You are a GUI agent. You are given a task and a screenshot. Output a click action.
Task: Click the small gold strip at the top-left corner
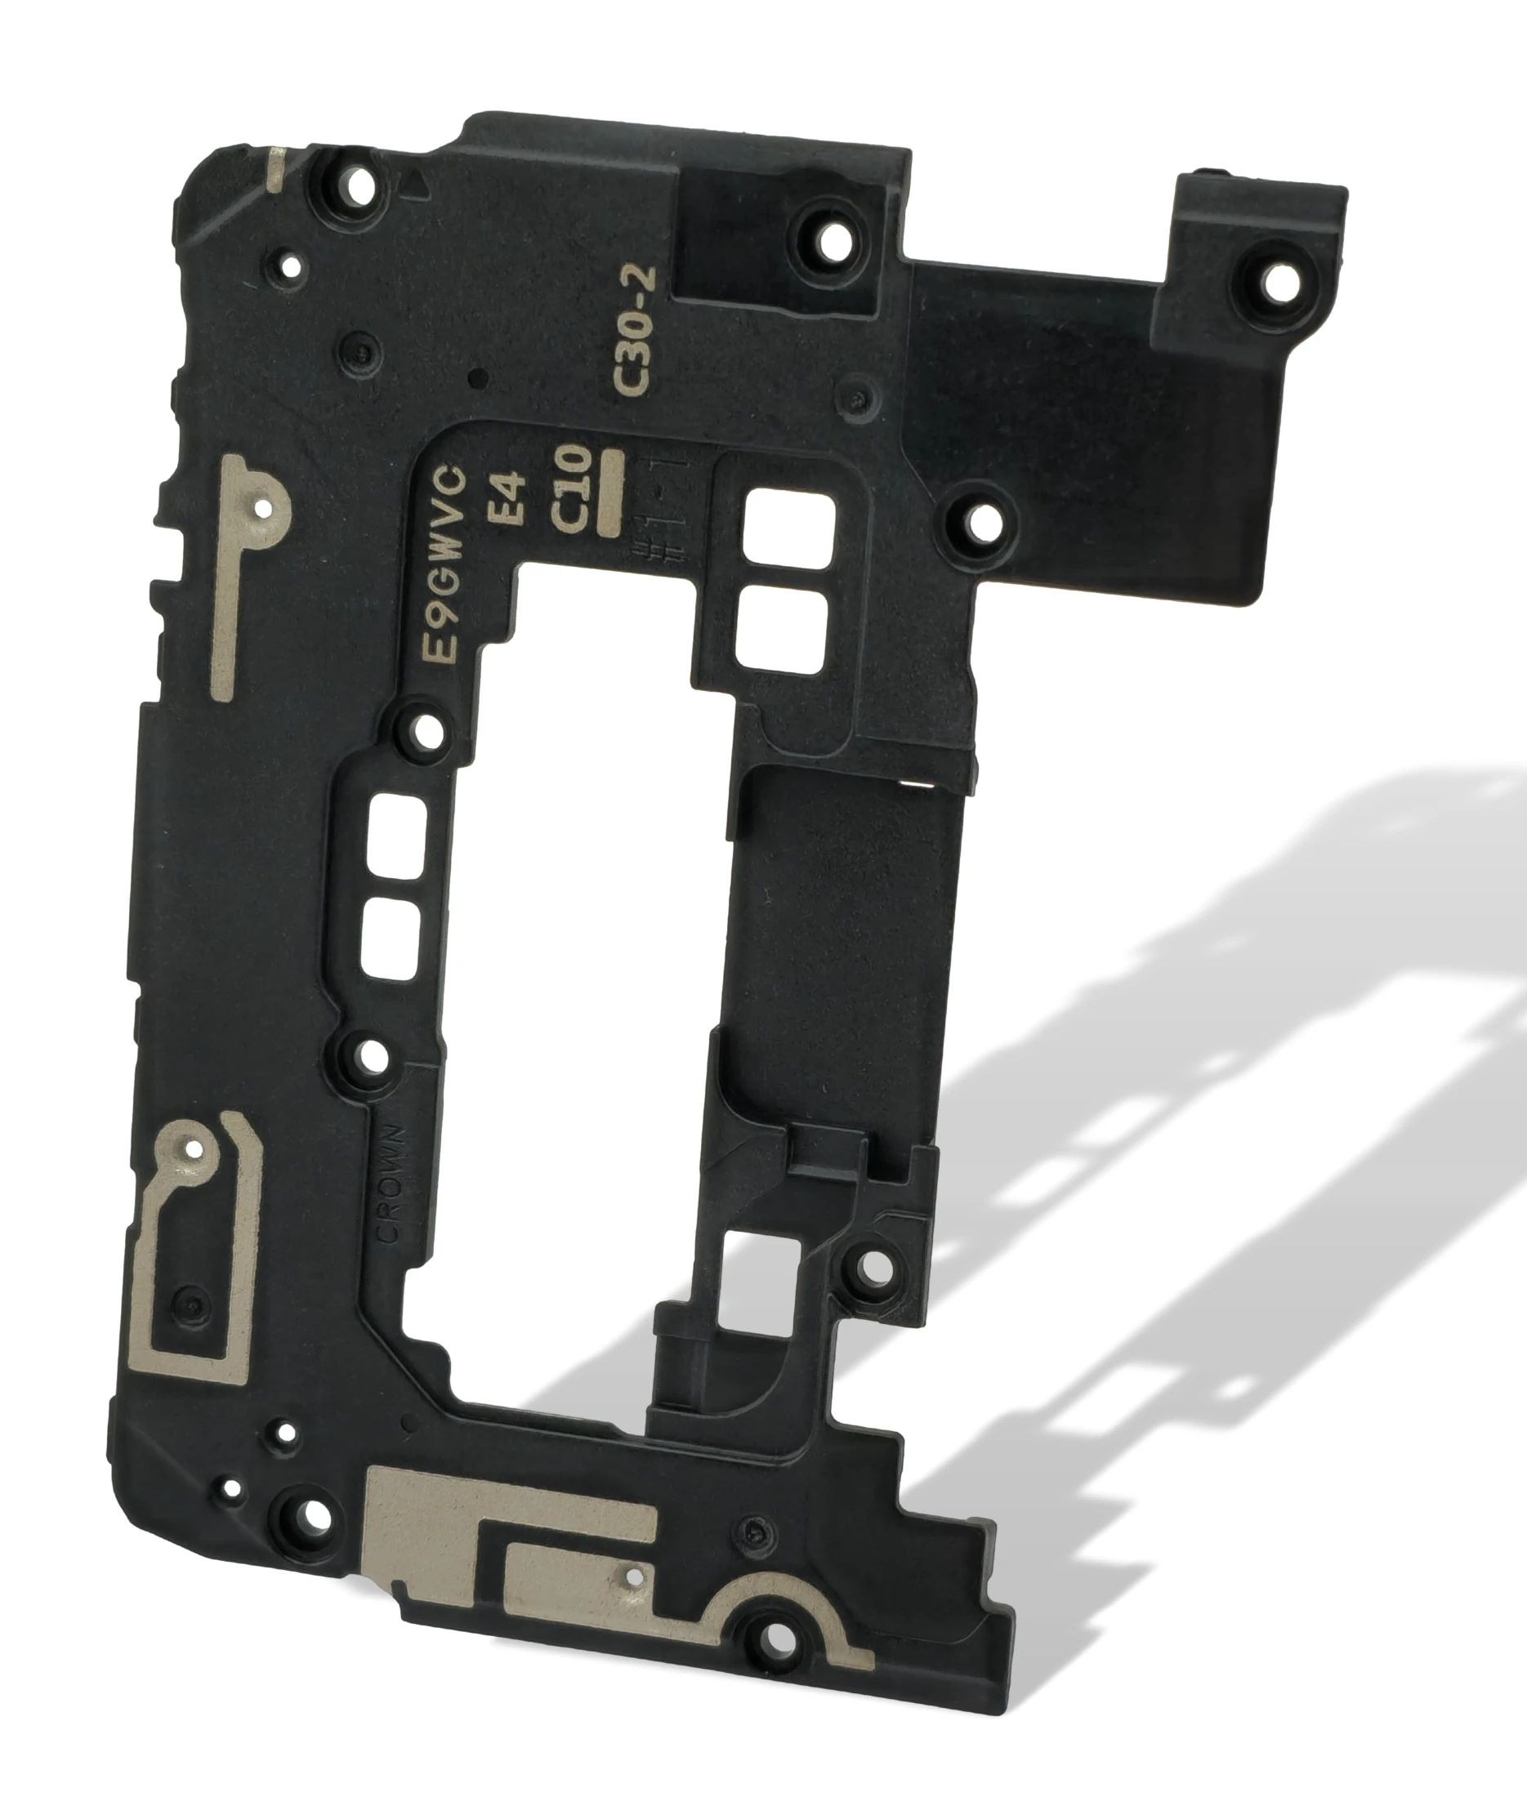(x=275, y=171)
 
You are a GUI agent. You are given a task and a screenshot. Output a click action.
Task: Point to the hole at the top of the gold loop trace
(x=193, y=1150)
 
